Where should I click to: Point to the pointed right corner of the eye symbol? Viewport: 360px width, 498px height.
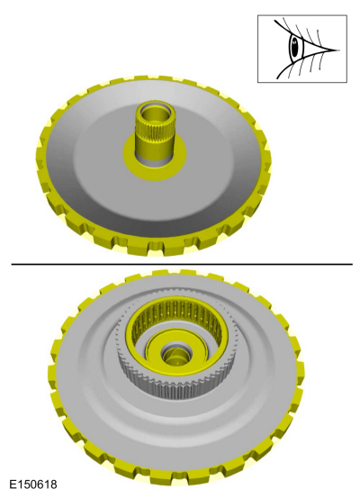pyautogui.click(x=335, y=50)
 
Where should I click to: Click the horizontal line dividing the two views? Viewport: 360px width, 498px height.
pyautogui.click(x=180, y=264)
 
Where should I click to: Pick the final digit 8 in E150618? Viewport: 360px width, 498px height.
pyautogui.click(x=53, y=484)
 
